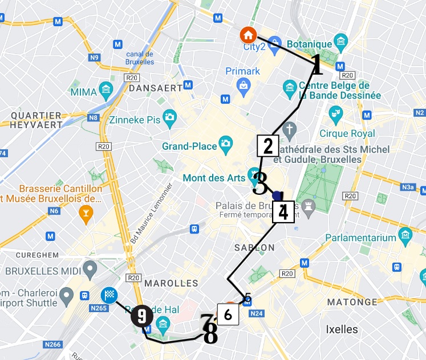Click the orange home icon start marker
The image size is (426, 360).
point(248,35)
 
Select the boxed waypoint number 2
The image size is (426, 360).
point(267,146)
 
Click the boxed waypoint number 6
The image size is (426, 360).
point(228,314)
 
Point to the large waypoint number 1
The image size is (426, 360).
point(317,66)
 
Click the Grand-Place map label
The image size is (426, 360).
point(189,146)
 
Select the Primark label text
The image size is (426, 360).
point(242,71)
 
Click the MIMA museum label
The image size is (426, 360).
point(83,92)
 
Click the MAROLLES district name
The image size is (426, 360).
point(171,283)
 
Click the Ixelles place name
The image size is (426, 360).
point(342,329)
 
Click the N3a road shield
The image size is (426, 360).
point(407,186)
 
